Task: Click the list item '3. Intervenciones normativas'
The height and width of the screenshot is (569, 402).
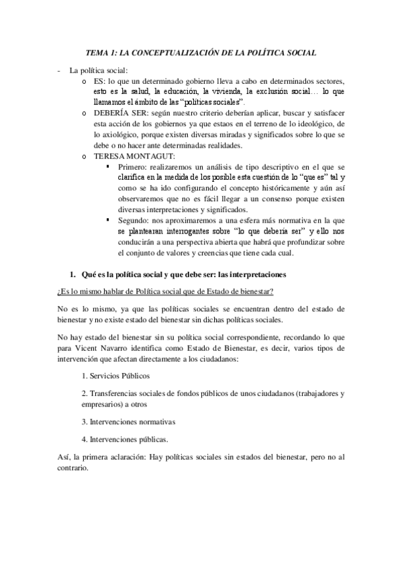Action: click(x=129, y=422)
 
